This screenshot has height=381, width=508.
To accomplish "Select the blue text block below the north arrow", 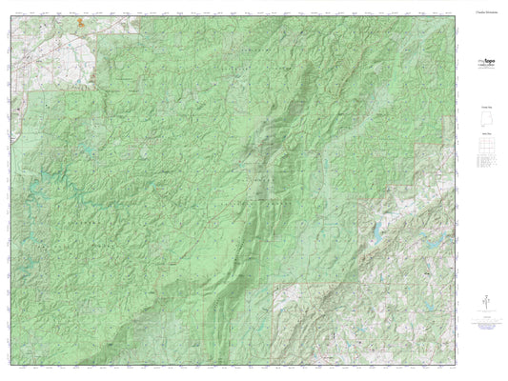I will pyautogui.click(x=486, y=329).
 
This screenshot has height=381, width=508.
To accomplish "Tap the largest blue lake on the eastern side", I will pyautogui.click(x=379, y=228).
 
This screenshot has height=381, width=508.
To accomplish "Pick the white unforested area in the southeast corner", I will pyautogui.click(x=419, y=314).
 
